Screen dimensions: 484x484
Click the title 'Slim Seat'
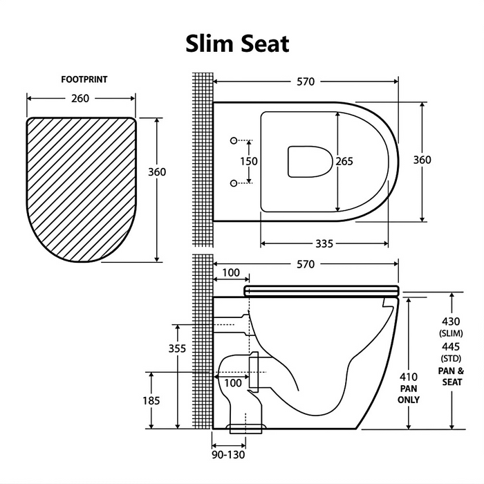tap(237, 43)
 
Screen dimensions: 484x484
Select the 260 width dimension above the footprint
tap(80, 98)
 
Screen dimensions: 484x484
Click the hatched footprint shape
tap(81, 187)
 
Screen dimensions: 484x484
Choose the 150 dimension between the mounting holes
tap(249, 161)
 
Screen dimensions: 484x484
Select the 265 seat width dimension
tap(344, 161)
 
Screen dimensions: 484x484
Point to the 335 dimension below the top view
tap(324, 243)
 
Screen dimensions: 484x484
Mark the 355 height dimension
tap(178, 348)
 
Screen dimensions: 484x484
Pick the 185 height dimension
tap(151, 400)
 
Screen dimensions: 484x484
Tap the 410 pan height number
tap(410, 377)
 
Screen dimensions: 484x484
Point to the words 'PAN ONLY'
tap(409, 394)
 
